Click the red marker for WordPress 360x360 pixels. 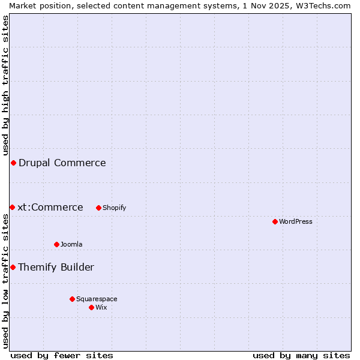[275, 221]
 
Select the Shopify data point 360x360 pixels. [98, 208]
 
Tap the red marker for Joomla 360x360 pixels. [56, 244]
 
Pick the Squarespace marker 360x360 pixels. [72, 299]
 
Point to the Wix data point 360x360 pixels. [91, 307]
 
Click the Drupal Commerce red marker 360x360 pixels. [13, 163]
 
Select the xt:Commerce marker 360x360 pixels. [12, 207]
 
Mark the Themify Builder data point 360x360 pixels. [13, 267]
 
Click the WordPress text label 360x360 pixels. [296, 221]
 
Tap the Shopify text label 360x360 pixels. [115, 208]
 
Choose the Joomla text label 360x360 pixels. [71, 244]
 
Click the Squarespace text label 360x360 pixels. [97, 299]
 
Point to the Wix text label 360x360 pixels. [101, 307]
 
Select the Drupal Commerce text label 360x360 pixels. [62, 163]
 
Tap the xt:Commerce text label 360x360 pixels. [50, 207]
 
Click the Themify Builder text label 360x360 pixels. [56, 267]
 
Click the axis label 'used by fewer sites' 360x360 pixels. [62, 355]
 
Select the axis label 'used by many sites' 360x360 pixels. [301, 355]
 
